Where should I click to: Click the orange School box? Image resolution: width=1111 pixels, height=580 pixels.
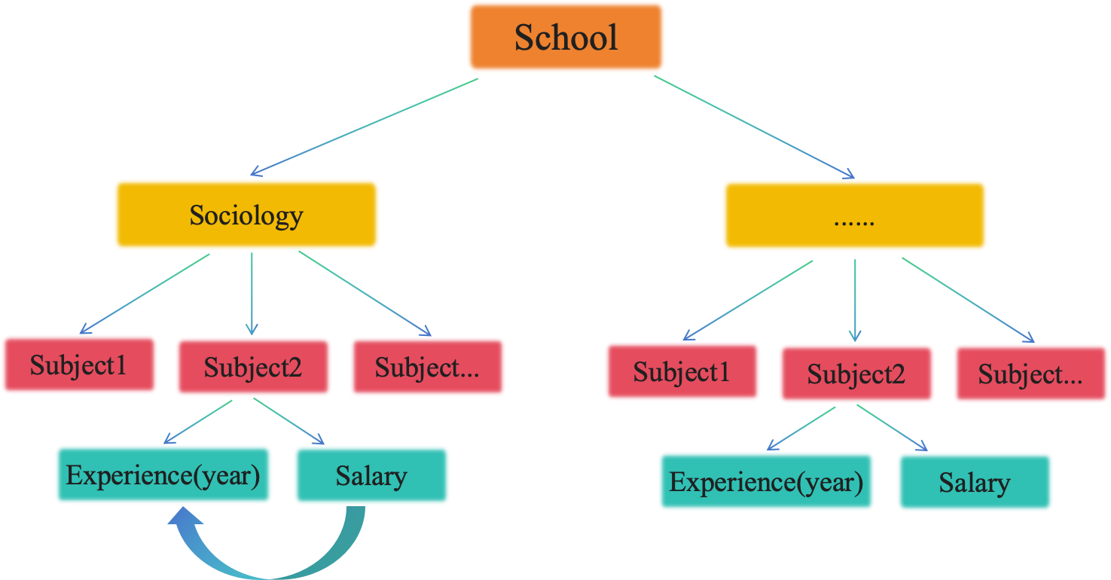pos(566,37)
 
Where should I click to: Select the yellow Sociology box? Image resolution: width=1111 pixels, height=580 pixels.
pos(246,215)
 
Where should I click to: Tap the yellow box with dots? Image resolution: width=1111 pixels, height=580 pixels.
pos(854,215)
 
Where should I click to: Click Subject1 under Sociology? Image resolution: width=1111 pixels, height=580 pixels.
pos(79,365)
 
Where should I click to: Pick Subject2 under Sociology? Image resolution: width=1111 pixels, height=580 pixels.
pos(253,367)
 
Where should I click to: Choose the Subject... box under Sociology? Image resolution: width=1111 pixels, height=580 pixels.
pos(427,367)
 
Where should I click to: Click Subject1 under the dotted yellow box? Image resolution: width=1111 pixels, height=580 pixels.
pos(682,371)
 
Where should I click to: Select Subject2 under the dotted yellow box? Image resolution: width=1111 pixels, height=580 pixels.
pos(856,374)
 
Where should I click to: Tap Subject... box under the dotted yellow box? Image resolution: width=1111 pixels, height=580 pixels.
pos(1030,374)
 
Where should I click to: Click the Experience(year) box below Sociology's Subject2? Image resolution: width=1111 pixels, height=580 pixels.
pos(163,475)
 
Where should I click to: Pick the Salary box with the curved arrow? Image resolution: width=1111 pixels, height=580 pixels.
pos(371,475)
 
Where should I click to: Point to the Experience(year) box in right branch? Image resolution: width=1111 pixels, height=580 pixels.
pos(766,481)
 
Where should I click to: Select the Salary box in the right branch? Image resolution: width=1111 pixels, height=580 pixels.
pos(975,482)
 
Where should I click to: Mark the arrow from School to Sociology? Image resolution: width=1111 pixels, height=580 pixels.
pos(364,126)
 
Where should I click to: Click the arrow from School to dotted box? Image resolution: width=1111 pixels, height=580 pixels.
pos(755,126)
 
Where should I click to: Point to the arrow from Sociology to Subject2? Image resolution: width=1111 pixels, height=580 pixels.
pos(252,294)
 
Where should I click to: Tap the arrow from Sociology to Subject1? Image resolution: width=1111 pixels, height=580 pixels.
pos(145,293)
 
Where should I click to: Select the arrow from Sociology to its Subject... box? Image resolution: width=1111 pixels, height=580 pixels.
pos(365,293)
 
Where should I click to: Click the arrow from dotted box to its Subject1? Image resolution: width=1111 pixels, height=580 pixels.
pos(748,300)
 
